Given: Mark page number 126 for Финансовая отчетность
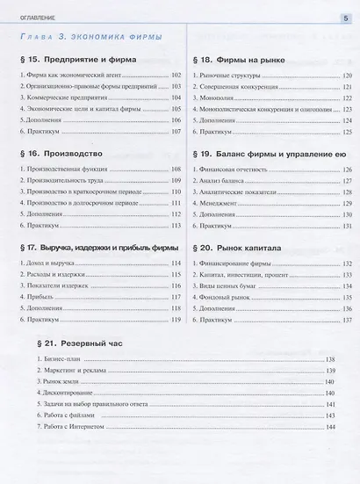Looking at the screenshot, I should (x=345, y=168).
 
